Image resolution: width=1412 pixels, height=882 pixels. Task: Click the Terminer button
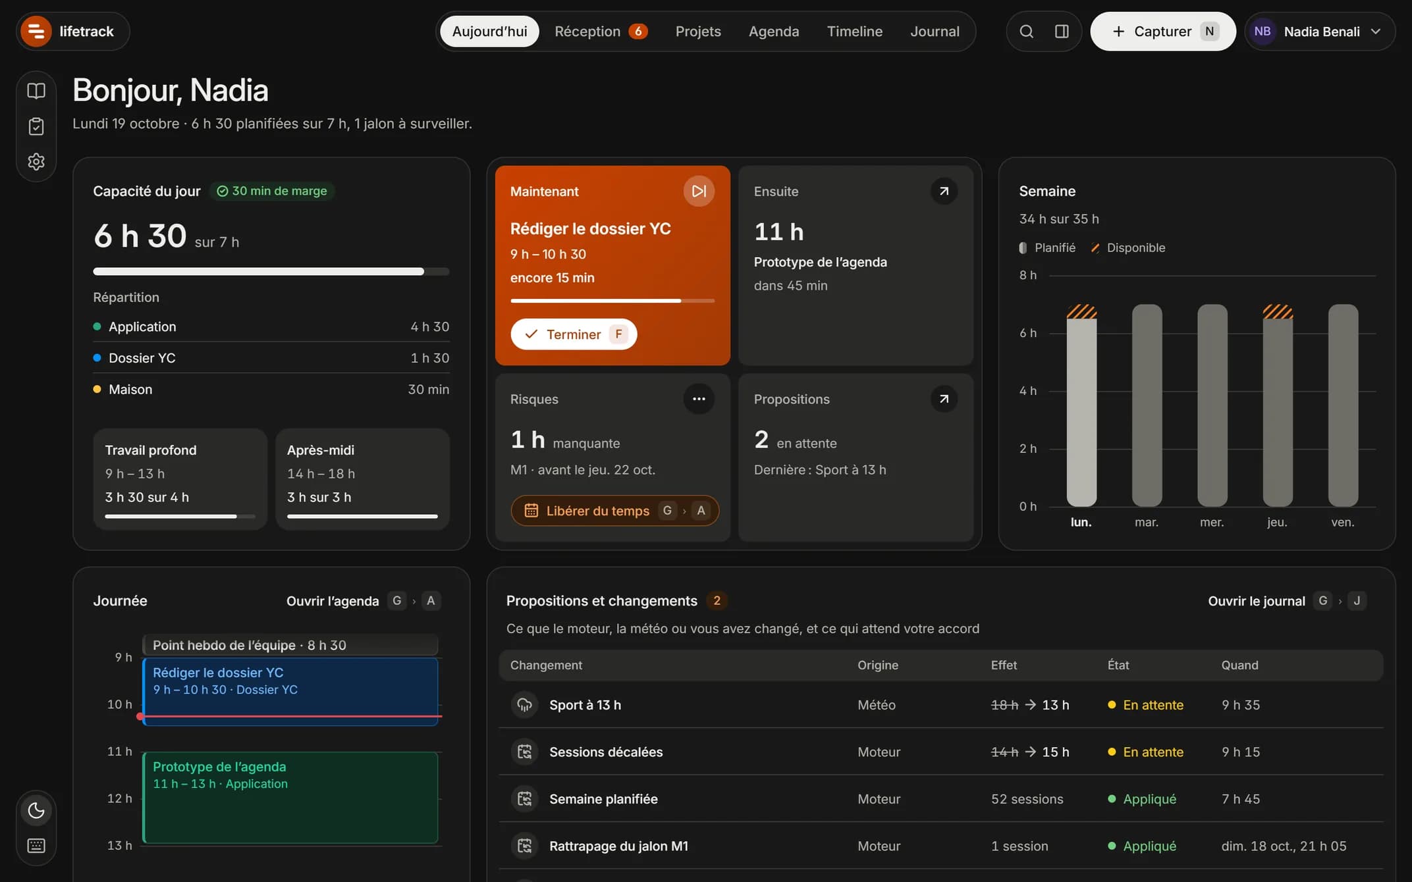pyautogui.click(x=574, y=334)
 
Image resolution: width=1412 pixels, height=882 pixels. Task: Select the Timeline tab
pyautogui.click(x=854, y=31)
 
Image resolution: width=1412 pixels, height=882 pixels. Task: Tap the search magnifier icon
pyautogui.click(x=1026, y=31)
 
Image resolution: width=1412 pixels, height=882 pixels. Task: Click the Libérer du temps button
pyautogui.click(x=614, y=511)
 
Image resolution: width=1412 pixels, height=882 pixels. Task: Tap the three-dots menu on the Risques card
pyautogui.click(x=699, y=399)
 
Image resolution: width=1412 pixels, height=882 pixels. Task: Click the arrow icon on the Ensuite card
pyautogui.click(x=944, y=191)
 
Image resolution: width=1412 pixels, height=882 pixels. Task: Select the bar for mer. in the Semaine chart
pyautogui.click(x=1212, y=405)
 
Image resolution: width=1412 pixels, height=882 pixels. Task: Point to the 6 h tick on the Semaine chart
pyautogui.click(x=1027, y=333)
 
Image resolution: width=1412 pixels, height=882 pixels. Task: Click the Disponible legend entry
pyautogui.click(x=1128, y=247)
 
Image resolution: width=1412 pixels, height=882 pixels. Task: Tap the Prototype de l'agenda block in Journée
pyautogui.click(x=290, y=798)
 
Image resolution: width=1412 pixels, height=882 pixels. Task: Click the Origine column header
pyautogui.click(x=878, y=665)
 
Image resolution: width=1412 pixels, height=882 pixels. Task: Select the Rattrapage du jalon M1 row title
pyautogui.click(x=618, y=846)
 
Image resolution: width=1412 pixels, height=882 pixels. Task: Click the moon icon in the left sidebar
pyautogui.click(x=36, y=810)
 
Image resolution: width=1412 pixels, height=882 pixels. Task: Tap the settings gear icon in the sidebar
pyautogui.click(x=36, y=161)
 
